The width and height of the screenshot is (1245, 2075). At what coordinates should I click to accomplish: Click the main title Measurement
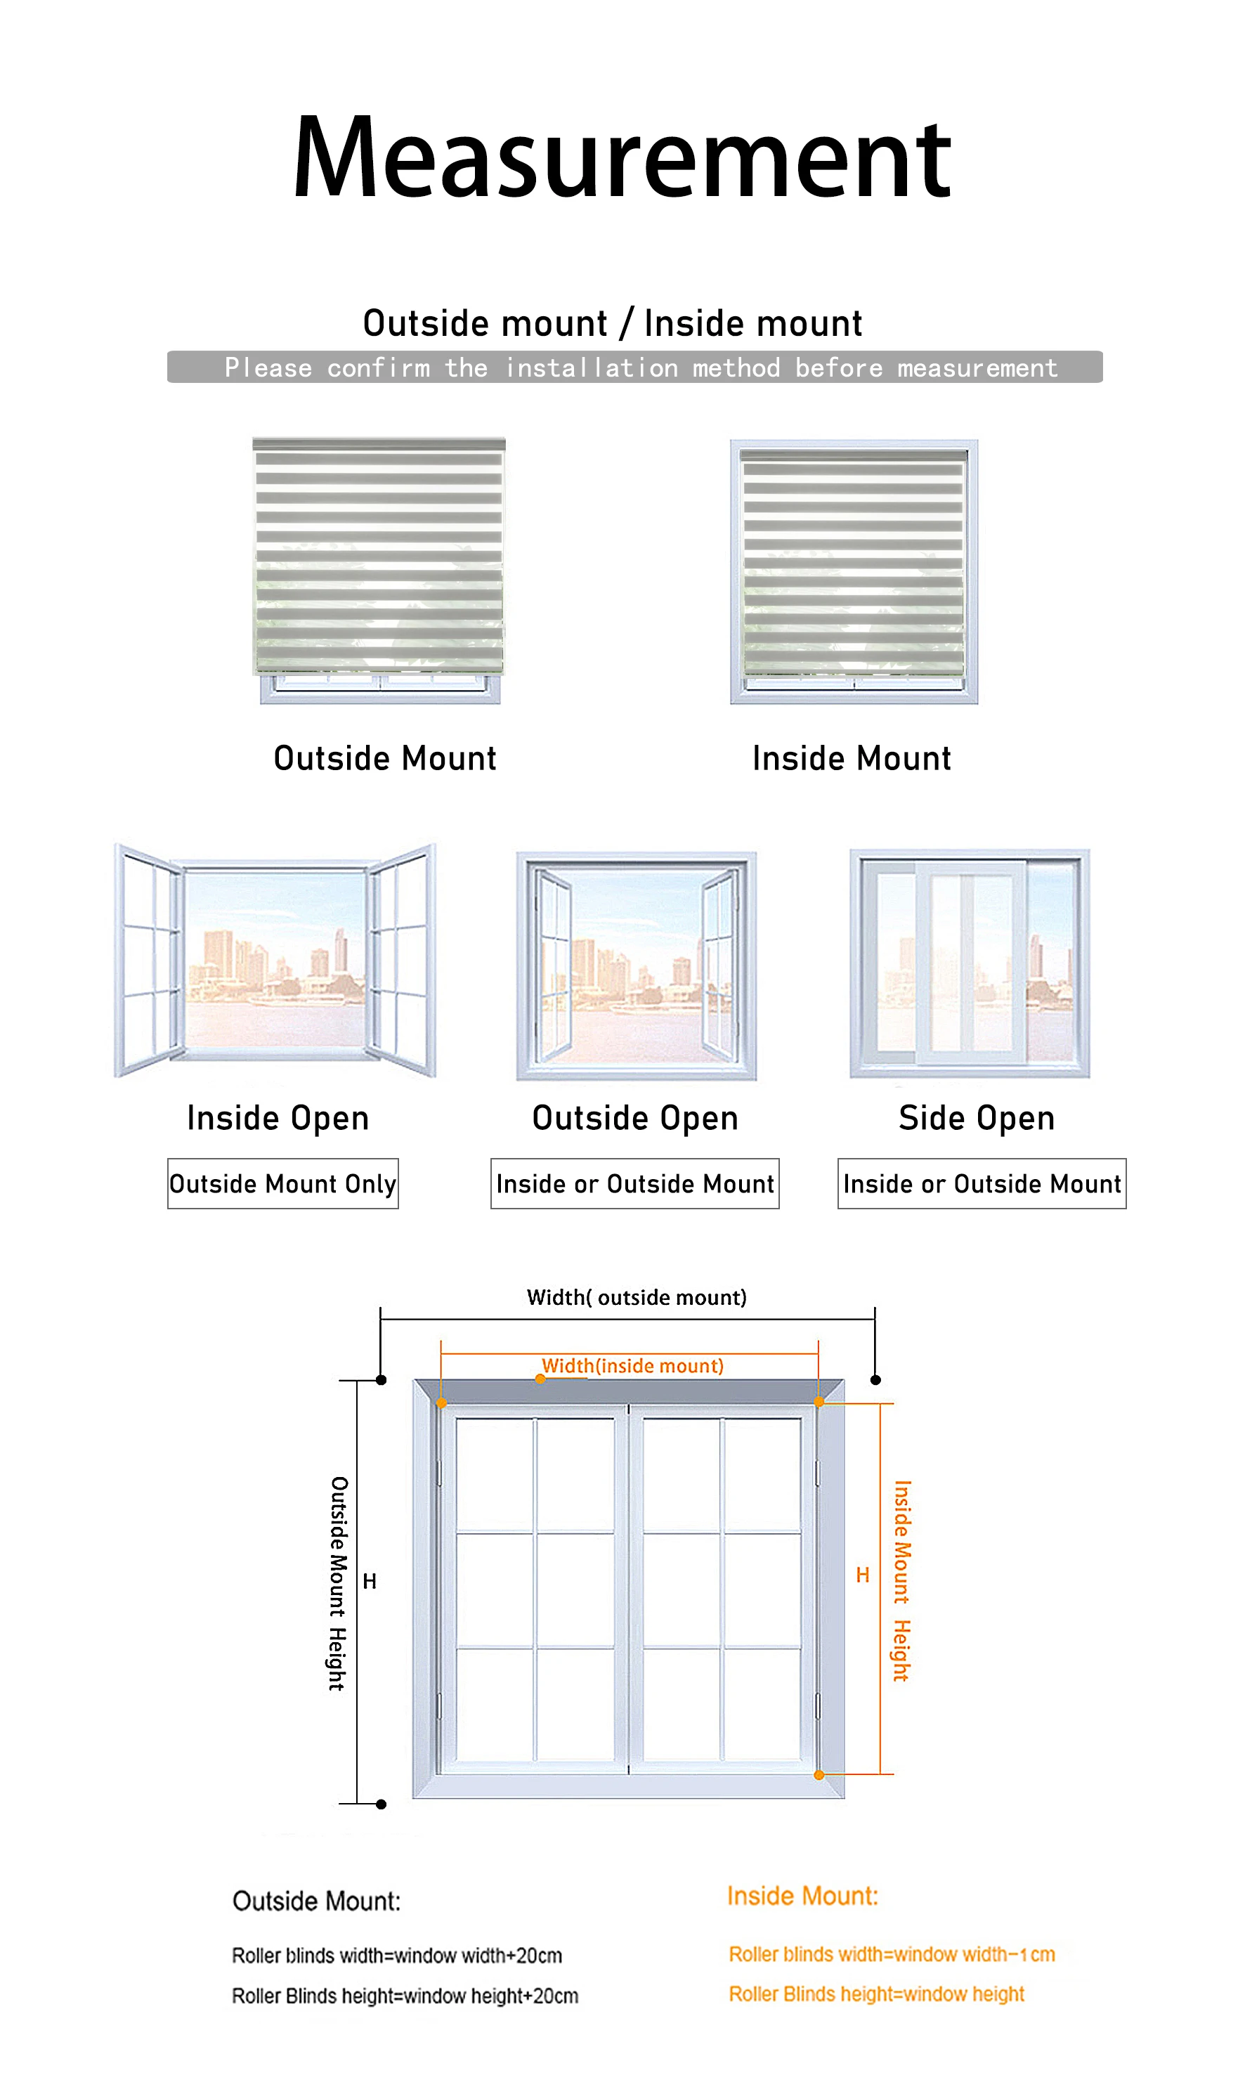click(x=622, y=159)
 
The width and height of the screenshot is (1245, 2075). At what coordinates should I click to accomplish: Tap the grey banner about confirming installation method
click(x=634, y=367)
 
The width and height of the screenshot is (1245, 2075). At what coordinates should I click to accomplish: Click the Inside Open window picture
click(x=275, y=960)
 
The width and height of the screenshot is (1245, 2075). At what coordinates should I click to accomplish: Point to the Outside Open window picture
click(x=636, y=965)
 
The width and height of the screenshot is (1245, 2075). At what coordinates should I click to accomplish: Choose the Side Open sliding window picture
click(x=969, y=963)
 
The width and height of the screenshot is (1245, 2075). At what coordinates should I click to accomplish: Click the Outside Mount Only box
click(x=282, y=1183)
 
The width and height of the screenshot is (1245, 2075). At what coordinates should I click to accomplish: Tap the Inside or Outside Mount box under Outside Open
click(x=634, y=1183)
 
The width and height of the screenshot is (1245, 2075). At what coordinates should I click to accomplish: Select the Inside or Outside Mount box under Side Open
click(x=982, y=1183)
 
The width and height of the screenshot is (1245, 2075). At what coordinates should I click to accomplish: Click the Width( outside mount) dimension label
click(x=636, y=1297)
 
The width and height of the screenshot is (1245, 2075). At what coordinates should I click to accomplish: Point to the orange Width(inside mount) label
click(x=632, y=1366)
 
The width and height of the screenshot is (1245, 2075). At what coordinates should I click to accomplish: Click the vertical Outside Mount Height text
click(x=338, y=1582)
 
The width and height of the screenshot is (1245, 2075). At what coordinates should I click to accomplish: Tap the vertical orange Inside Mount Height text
click(x=902, y=1580)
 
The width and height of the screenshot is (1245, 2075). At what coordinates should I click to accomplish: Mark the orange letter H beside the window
click(x=863, y=1575)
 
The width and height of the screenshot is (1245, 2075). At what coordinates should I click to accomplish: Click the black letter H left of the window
click(x=369, y=1581)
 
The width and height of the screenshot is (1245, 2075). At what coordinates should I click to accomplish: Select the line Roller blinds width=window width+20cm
click(x=397, y=1955)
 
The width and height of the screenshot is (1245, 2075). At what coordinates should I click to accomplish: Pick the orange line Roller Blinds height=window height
click(x=876, y=1993)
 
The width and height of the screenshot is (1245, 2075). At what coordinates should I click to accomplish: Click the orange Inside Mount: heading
click(x=802, y=1895)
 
